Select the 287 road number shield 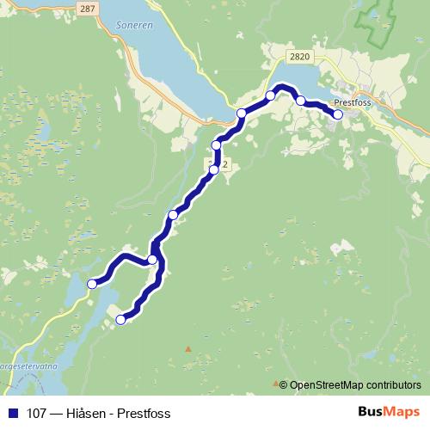(84, 7)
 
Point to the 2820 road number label (300, 57)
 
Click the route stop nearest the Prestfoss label (338, 114)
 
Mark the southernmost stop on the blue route (120, 320)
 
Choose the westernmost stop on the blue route (92, 283)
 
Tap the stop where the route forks (152, 260)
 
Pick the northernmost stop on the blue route (271, 95)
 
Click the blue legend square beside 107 (12, 414)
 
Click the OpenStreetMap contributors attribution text (355, 385)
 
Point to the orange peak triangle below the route (188, 348)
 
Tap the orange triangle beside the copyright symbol (275, 383)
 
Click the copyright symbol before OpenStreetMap (285, 385)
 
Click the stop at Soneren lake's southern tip (242, 114)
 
